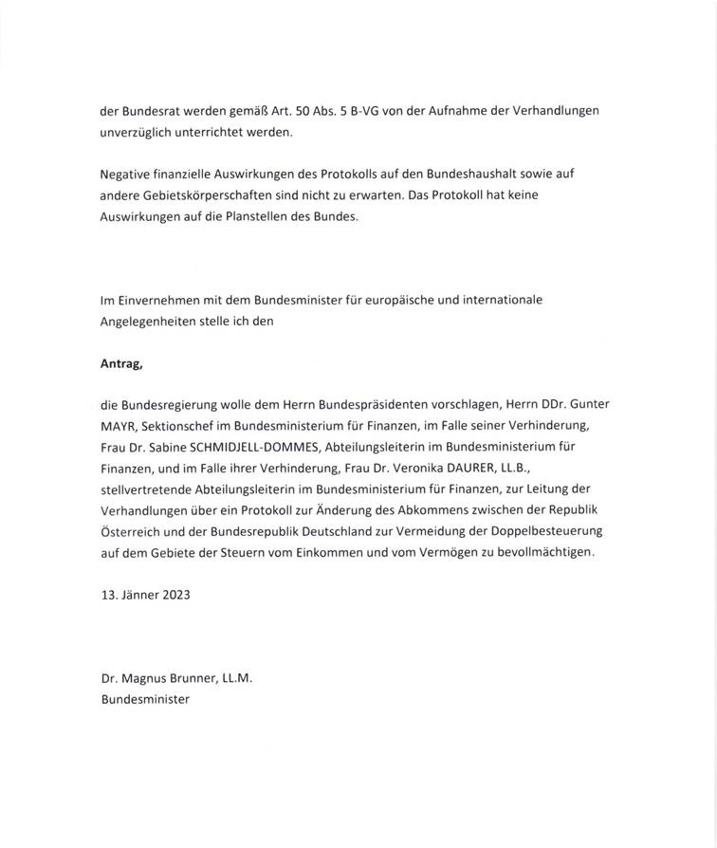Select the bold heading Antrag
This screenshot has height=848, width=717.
tap(120, 361)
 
